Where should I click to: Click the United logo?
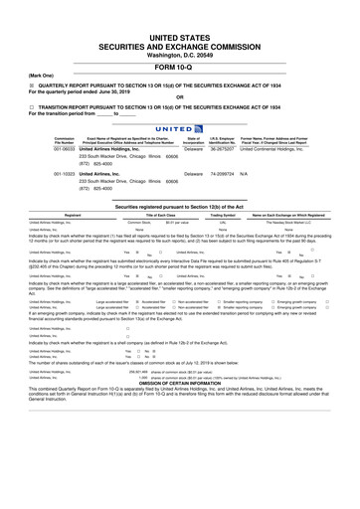tap(179, 126)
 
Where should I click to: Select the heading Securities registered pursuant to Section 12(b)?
tap(180, 204)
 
